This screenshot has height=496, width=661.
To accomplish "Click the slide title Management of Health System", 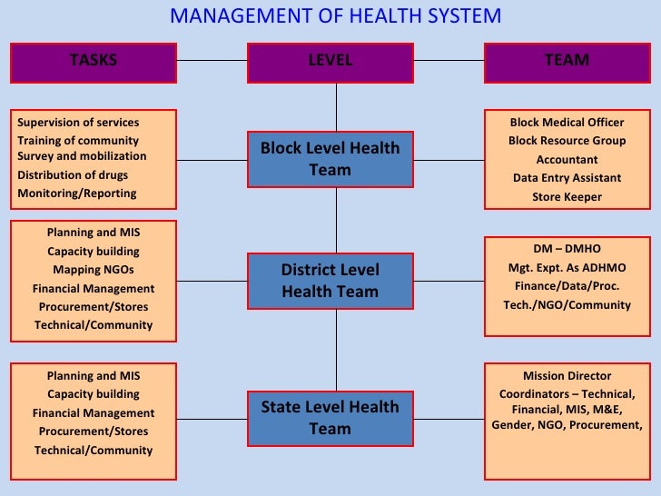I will pyautogui.click(x=335, y=15).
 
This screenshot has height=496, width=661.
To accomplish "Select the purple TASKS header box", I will pyautogui.click(x=94, y=61).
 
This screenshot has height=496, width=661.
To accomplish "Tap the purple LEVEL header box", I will pyautogui.click(x=330, y=61).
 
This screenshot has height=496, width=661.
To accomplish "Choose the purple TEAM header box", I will pyautogui.click(x=567, y=61).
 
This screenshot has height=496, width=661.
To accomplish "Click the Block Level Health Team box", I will pyautogui.click(x=330, y=159).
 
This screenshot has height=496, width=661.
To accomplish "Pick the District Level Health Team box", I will pyautogui.click(x=330, y=281).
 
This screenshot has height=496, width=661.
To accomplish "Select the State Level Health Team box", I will pyautogui.click(x=330, y=418).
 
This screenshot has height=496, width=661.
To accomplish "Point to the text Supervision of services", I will pyautogui.click(x=78, y=123).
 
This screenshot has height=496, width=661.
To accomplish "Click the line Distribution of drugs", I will pyautogui.click(x=73, y=175).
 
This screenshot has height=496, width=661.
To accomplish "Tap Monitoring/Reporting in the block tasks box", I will pyautogui.click(x=77, y=193).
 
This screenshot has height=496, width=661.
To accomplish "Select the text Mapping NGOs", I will pyautogui.click(x=94, y=270).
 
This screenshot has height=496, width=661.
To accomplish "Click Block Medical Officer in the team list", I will pyautogui.click(x=567, y=123).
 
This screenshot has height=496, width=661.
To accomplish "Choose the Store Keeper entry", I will pyautogui.click(x=567, y=196).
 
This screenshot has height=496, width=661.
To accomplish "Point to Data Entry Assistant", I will pyautogui.click(x=567, y=178).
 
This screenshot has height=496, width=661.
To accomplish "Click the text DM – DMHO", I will pyautogui.click(x=567, y=249).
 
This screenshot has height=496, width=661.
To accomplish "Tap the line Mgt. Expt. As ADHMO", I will pyautogui.click(x=567, y=268).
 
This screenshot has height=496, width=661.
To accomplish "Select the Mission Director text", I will pyautogui.click(x=567, y=376).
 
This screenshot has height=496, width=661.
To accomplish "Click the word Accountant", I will pyautogui.click(x=567, y=160).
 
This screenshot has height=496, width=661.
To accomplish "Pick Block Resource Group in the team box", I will pyautogui.click(x=567, y=141).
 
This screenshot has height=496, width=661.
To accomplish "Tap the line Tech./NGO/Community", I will pyautogui.click(x=567, y=305).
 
